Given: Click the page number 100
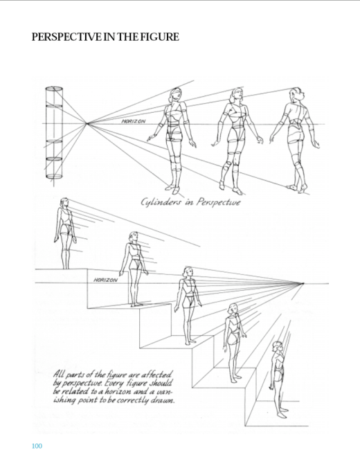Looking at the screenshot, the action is (x=37, y=446).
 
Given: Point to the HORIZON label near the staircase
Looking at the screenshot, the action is (x=105, y=280).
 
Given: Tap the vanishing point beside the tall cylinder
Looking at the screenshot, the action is (x=87, y=123).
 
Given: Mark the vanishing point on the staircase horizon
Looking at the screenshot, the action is (x=303, y=283).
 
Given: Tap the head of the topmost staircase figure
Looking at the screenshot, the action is (x=64, y=203).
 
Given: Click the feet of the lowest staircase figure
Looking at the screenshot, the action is (x=282, y=413).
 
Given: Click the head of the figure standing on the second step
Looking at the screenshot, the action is (x=134, y=237).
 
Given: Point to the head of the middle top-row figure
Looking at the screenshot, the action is (x=237, y=94).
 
